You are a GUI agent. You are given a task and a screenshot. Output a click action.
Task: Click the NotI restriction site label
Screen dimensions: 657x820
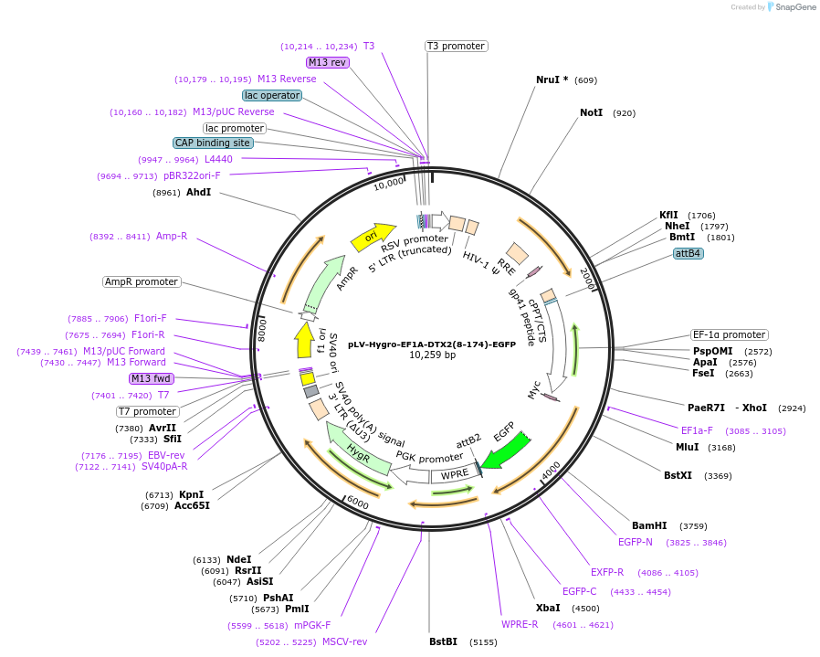[x=591, y=113]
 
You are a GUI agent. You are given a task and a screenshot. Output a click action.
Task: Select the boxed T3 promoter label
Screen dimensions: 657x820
[x=456, y=46]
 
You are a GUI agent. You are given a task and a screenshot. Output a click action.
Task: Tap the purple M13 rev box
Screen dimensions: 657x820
[x=327, y=62]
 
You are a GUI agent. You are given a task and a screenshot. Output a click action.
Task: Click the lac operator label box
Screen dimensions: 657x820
[x=272, y=95]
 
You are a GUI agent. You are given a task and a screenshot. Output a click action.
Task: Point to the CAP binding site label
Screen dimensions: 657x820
[x=213, y=143]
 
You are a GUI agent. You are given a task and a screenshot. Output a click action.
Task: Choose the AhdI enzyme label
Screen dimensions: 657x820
[x=198, y=193]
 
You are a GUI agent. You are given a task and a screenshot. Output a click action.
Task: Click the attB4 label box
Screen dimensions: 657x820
[x=688, y=253]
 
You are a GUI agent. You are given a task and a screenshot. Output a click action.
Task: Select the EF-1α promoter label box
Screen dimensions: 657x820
[x=729, y=334]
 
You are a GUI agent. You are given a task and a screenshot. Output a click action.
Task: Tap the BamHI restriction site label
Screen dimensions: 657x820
[x=649, y=525]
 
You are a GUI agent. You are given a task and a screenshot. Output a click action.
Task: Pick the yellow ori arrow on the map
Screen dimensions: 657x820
[x=373, y=238]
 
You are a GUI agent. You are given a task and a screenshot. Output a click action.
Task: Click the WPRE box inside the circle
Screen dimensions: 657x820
[x=454, y=475]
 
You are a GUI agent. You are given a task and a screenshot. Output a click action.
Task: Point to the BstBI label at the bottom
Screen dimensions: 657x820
[x=443, y=641]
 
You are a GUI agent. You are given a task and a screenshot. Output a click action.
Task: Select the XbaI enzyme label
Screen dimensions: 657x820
[x=548, y=608]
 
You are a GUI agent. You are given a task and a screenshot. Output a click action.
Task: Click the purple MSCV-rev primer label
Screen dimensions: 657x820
[x=344, y=641]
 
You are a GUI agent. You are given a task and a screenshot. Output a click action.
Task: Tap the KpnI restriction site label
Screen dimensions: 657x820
[x=191, y=494]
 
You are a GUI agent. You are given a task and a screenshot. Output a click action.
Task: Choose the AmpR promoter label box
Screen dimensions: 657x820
[x=142, y=281]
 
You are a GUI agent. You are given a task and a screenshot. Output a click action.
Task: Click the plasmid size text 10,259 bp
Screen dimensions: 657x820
[x=432, y=355]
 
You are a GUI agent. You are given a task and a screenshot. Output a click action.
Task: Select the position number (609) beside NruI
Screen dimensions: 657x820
[x=586, y=80]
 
